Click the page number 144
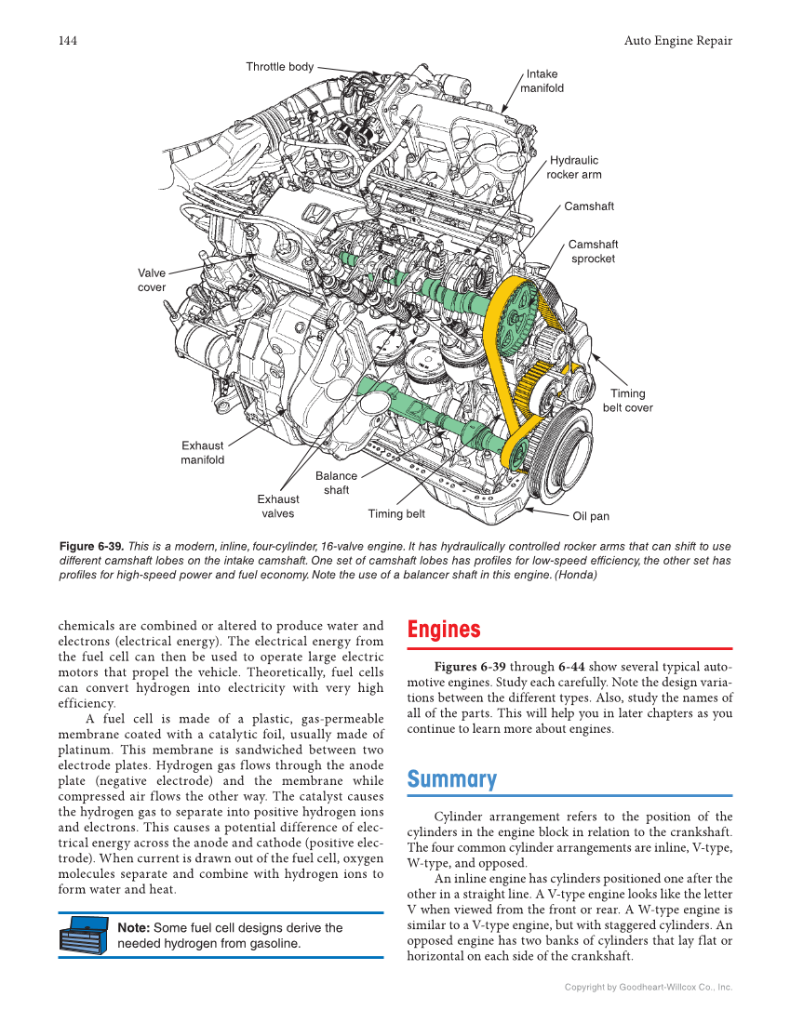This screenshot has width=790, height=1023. point(67,41)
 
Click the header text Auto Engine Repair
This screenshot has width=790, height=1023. point(677,41)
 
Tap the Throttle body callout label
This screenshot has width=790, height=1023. point(279,67)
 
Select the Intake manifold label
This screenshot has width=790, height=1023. point(542,81)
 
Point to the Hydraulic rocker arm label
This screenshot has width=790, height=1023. point(573,167)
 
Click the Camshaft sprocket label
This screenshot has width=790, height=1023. point(593,251)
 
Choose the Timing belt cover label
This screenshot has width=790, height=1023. point(627,401)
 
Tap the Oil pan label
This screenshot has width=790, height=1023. point(591,516)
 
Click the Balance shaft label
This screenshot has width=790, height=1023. point(336,483)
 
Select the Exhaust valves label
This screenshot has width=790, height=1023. point(277,506)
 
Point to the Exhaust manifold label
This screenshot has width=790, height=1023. point(202,453)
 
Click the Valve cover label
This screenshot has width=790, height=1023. point(152,280)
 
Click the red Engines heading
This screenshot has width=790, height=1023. point(444,630)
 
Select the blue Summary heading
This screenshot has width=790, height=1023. point(452,779)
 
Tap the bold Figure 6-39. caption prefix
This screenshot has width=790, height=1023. point(91,547)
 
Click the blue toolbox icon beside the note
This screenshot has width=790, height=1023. point(83,936)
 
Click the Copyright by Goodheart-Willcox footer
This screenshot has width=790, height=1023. point(649,987)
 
